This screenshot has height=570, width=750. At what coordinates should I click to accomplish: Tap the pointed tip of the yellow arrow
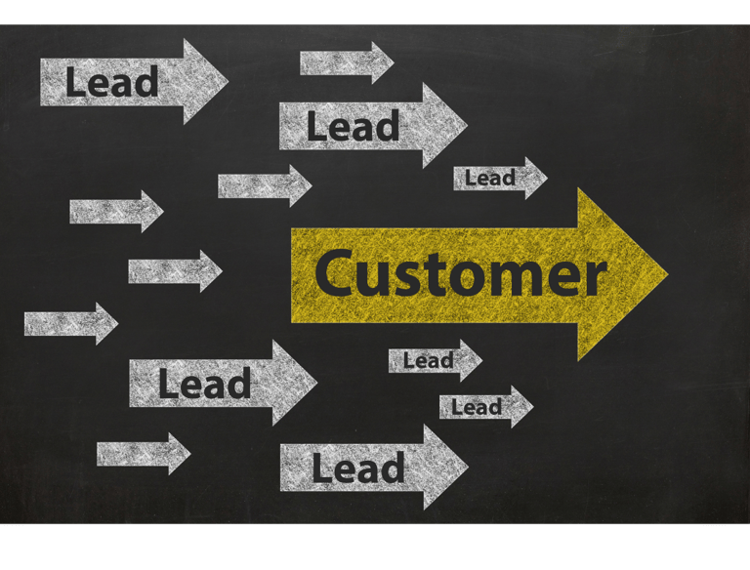tap(665, 274)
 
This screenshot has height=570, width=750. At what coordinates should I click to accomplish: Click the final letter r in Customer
tap(594, 278)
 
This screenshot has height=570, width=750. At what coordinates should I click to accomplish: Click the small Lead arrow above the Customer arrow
tap(499, 179)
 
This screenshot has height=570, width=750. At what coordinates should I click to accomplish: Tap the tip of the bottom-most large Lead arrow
tap(466, 467)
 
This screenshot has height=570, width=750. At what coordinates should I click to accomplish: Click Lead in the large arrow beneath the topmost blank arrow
tap(353, 127)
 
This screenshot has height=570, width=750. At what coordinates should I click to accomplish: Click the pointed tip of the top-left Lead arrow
tap(226, 81)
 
